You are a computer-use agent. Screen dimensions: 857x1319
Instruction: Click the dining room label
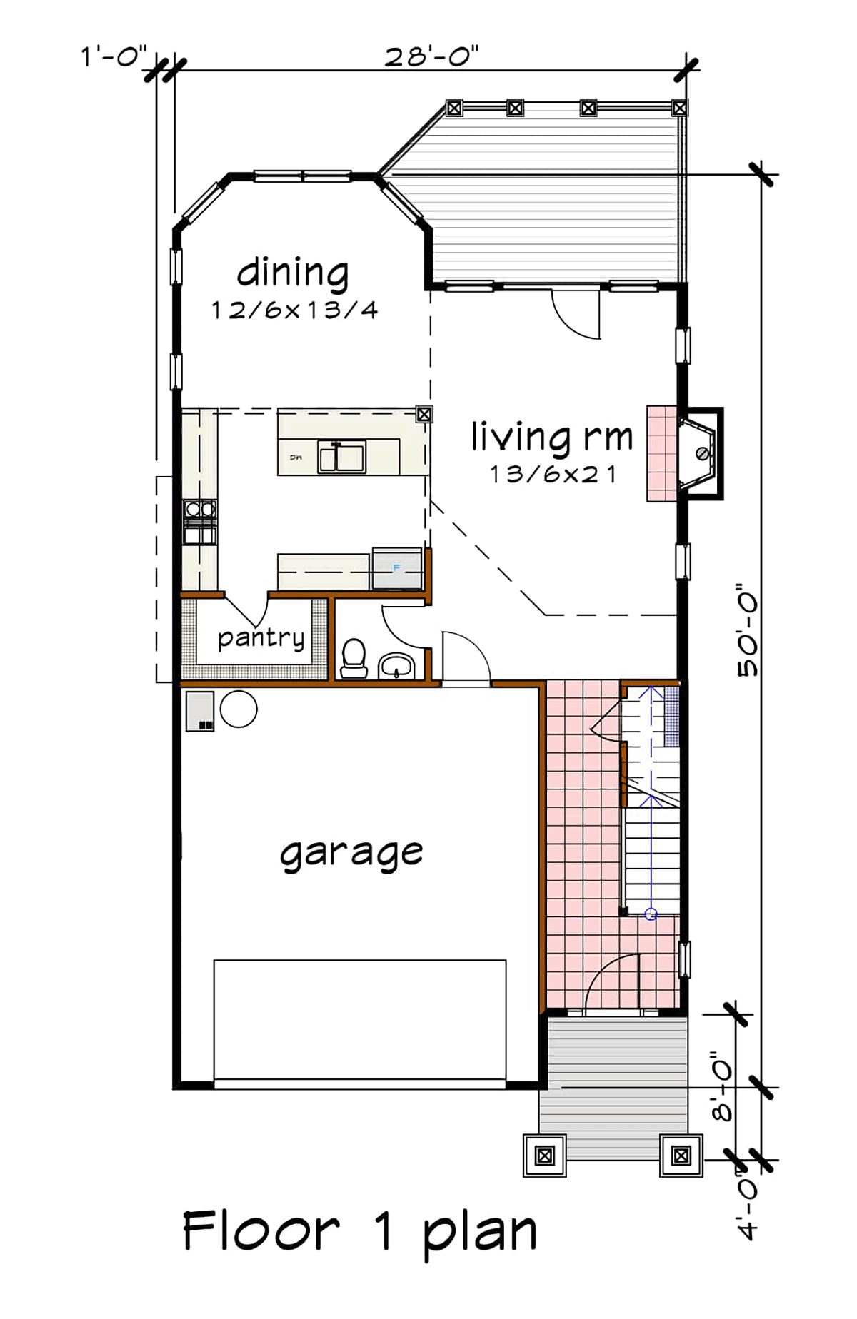coord(293,273)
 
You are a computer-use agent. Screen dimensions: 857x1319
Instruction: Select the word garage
coord(351,853)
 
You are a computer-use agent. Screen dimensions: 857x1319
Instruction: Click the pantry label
coord(261,637)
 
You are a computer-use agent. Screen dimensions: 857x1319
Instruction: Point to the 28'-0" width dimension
coord(431,56)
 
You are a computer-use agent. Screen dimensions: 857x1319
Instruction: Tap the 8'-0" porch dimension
coord(723,1084)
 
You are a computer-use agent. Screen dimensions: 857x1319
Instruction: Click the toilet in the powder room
coord(354,658)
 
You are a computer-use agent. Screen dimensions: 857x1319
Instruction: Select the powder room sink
coord(396,665)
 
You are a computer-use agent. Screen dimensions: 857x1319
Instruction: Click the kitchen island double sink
coord(342,457)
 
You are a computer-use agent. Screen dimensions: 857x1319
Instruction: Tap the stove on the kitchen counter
coord(200,522)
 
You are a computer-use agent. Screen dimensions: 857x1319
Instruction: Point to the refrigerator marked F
coord(398,568)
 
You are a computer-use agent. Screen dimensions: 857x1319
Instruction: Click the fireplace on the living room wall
coord(686,454)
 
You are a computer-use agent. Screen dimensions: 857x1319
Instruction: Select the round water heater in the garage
coord(239,709)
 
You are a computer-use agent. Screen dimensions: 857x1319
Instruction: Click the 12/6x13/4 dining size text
coord(294,310)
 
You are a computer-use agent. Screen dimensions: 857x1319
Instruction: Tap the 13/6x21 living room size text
coord(553,474)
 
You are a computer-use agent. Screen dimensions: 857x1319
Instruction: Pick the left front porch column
coord(545,1155)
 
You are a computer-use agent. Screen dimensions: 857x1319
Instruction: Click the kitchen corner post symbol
coord(424,414)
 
